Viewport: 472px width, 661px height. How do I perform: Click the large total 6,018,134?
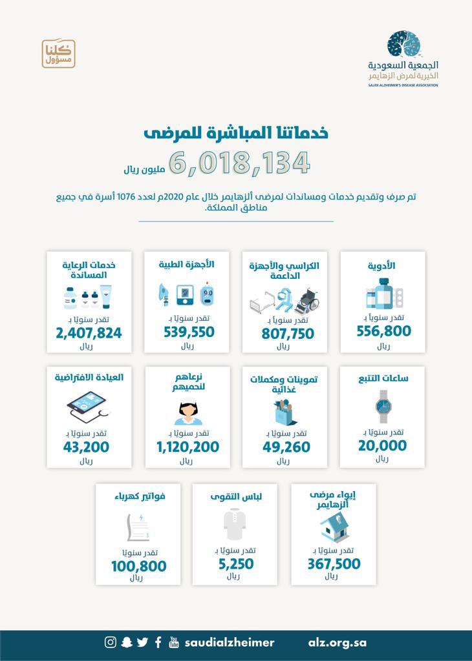240,162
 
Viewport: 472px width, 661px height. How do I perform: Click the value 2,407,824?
89,333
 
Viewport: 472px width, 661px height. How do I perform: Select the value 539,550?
189,332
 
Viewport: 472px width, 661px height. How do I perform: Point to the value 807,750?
288,333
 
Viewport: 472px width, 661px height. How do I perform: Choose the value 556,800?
383,331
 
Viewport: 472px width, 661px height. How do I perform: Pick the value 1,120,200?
188,447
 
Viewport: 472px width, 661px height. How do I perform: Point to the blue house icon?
334,526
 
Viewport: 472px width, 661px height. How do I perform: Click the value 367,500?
334,564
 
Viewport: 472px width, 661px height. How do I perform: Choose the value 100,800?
138,566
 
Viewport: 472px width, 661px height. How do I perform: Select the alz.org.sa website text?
338,642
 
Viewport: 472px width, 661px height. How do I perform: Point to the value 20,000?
382,445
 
